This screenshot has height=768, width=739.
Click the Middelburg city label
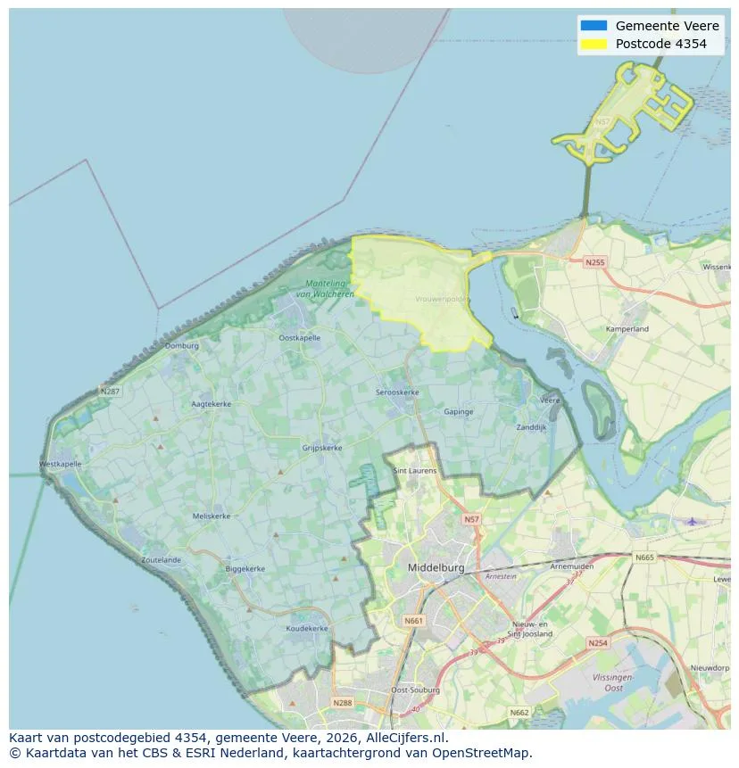[x=436, y=567]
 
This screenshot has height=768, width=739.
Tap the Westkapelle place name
[x=61, y=464]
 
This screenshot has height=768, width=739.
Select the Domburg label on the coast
[x=181, y=345]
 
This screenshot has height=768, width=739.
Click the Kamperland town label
[x=627, y=329]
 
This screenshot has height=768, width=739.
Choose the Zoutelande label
[x=161, y=560]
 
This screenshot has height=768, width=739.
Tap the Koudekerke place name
[x=307, y=628]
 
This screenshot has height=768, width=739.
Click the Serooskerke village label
[x=397, y=392]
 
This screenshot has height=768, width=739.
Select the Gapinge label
[x=459, y=411]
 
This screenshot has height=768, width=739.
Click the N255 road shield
[x=594, y=262]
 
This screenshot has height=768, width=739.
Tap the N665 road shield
[x=644, y=557]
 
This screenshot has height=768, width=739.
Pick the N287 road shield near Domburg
[x=110, y=391]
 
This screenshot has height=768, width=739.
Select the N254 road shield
[x=598, y=642]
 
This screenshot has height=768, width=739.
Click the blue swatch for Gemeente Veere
[x=593, y=25]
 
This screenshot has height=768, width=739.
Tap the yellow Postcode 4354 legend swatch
[x=593, y=44]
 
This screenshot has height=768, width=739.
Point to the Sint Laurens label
[x=415, y=470]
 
